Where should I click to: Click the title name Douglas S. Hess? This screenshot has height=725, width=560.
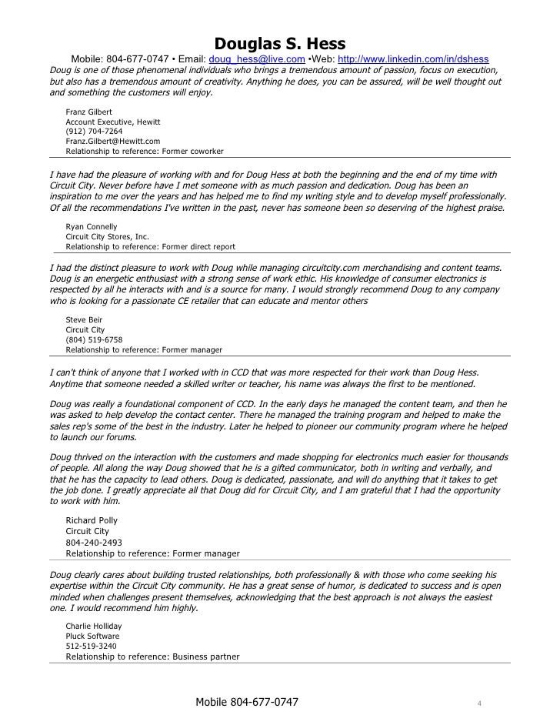(279, 42)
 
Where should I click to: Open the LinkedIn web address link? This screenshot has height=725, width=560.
(412, 60)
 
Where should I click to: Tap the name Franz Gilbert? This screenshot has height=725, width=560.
(89, 112)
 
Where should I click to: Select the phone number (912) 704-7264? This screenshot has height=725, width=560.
(94, 132)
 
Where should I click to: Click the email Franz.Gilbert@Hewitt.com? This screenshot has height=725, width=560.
(113, 142)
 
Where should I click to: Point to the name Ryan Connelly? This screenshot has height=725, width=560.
(92, 227)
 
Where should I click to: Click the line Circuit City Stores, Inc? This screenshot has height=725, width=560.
(107, 237)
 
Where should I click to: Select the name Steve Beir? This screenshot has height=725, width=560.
(84, 319)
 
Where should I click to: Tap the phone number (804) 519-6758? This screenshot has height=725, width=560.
(94, 339)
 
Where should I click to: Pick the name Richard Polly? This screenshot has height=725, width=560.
(92, 520)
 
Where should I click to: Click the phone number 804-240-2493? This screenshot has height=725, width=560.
(94, 542)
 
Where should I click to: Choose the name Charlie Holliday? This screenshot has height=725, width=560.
(94, 626)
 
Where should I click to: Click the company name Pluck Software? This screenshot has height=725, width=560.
(92, 636)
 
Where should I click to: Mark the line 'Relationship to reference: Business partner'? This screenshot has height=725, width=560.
(152, 657)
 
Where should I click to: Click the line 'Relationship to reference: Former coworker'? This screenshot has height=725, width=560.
(145, 152)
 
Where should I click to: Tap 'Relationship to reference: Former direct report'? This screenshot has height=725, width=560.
(151, 247)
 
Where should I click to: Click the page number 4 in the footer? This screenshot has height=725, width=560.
(478, 703)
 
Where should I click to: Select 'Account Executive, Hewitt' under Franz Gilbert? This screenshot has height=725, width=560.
(113, 122)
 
